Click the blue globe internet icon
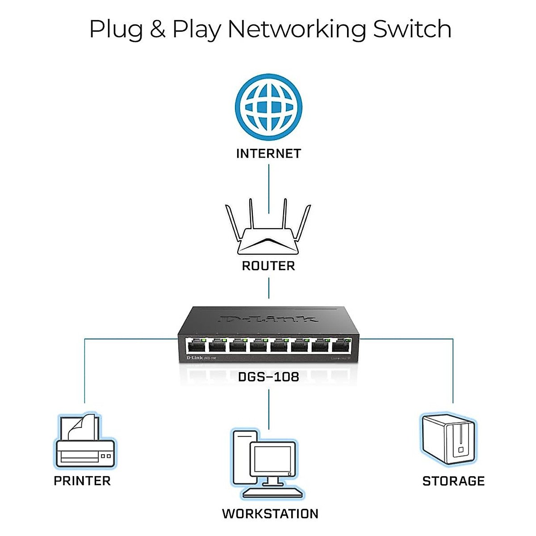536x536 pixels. click(x=268, y=107)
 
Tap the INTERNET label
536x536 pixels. click(x=268, y=154)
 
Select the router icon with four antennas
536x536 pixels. click(x=268, y=230)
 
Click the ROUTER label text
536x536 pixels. click(x=268, y=266)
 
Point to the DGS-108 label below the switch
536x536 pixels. click(x=268, y=377)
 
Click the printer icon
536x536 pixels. click(x=85, y=442)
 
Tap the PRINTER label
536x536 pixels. click(x=82, y=481)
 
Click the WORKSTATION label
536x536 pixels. click(x=270, y=514)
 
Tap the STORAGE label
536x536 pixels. click(x=453, y=481)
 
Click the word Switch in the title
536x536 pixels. click(x=412, y=29)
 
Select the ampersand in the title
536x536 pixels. click(x=157, y=29)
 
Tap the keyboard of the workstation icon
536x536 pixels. click(x=272, y=493)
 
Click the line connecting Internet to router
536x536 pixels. click(x=268, y=188)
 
